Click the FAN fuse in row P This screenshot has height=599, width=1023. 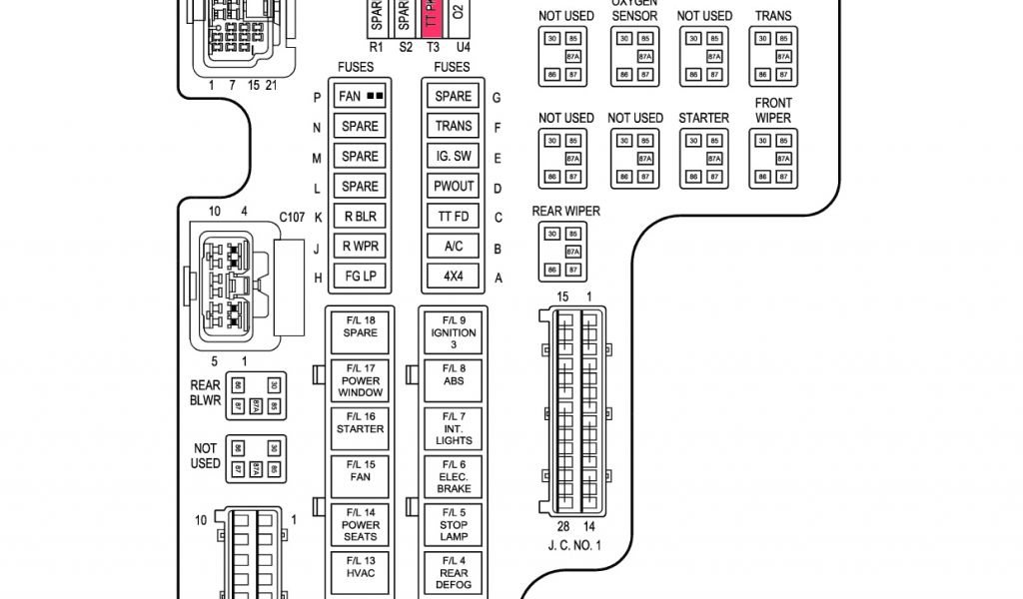[x=360, y=97]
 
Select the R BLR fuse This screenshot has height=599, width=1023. [x=360, y=217]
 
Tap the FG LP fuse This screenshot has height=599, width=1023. [x=360, y=277]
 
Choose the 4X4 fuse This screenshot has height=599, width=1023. [x=453, y=277]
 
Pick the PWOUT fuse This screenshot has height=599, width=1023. [x=453, y=187]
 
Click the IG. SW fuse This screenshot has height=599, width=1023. [x=453, y=157]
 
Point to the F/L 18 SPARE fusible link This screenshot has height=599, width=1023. [x=361, y=326]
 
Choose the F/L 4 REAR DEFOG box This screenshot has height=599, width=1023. [x=454, y=573]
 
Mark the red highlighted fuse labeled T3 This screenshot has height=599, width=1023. [x=433, y=19]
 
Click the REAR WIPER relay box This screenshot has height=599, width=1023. [x=562, y=253]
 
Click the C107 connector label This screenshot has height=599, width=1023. [x=292, y=217]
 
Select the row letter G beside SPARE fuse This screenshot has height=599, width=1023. [x=497, y=97]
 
